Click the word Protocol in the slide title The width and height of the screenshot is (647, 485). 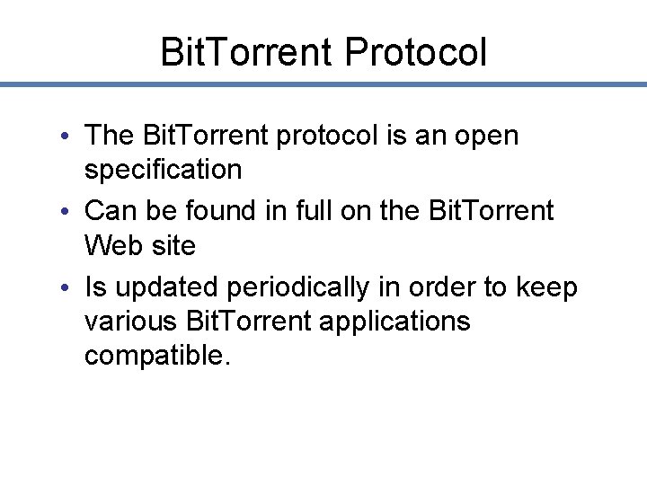click(415, 52)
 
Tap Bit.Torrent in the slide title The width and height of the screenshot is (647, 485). click(247, 52)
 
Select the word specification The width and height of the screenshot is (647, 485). click(163, 169)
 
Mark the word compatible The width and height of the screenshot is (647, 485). click(157, 355)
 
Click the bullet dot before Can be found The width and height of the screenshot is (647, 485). click(69, 212)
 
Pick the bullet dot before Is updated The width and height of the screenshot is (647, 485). click(69, 288)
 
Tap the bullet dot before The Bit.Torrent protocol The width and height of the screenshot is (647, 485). click(69, 137)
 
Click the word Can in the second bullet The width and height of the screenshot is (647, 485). click(108, 211)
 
